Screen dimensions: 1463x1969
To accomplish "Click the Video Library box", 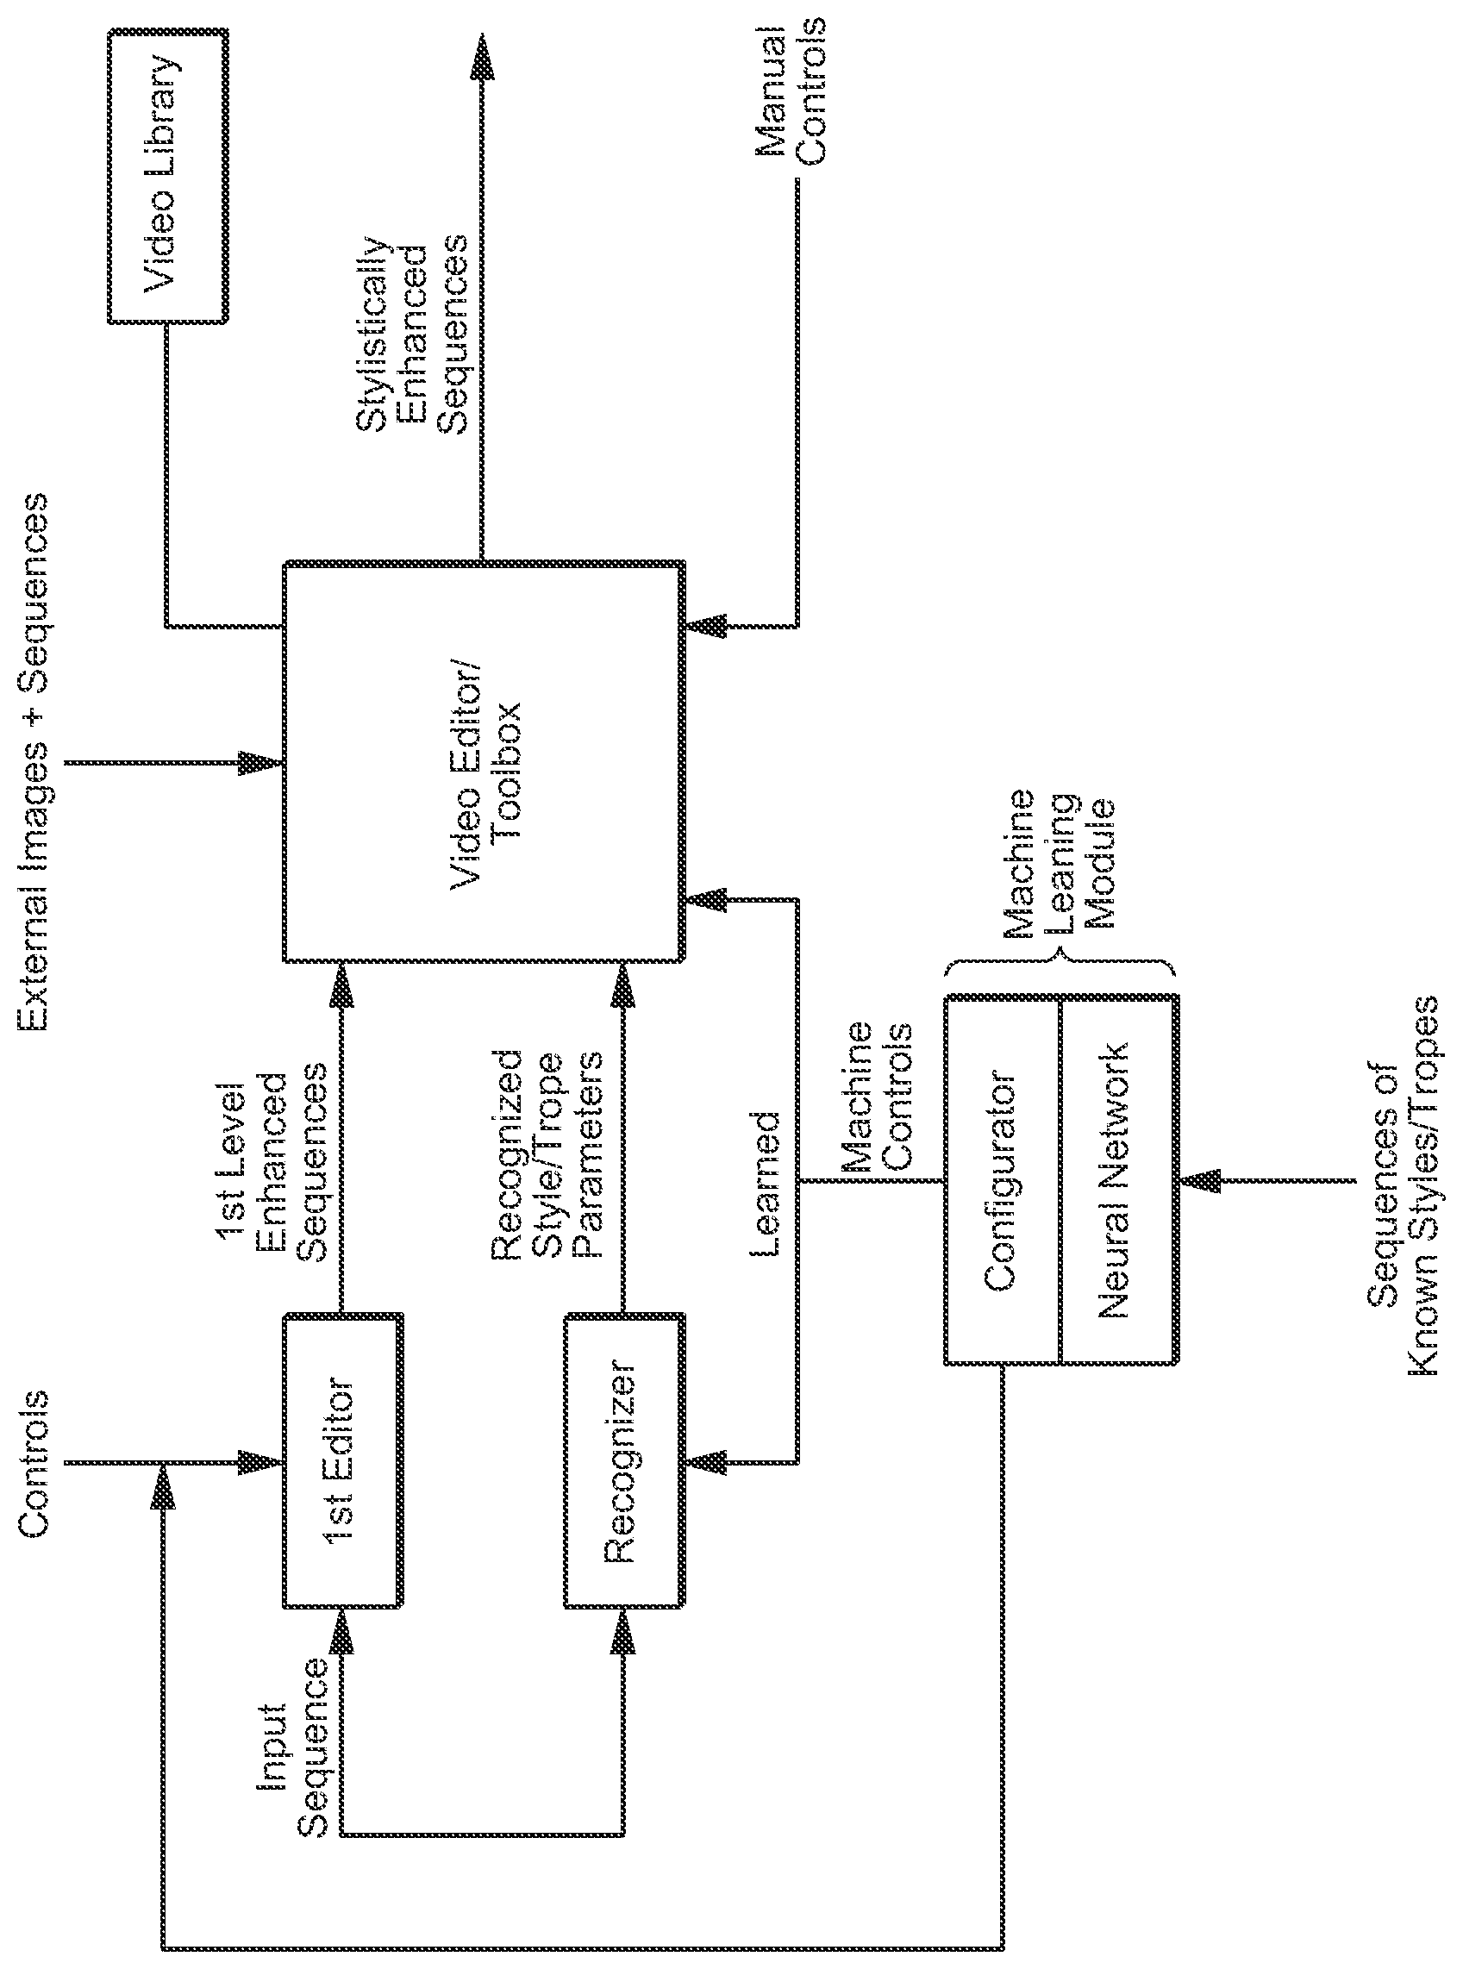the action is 167,177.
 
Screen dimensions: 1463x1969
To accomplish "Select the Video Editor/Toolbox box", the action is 484,760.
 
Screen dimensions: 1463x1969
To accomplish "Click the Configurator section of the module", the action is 1002,1180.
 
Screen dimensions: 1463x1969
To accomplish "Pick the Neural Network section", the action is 1117,1180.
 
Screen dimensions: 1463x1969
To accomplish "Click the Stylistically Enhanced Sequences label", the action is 412,334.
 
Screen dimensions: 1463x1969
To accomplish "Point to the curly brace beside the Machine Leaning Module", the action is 1060,965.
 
